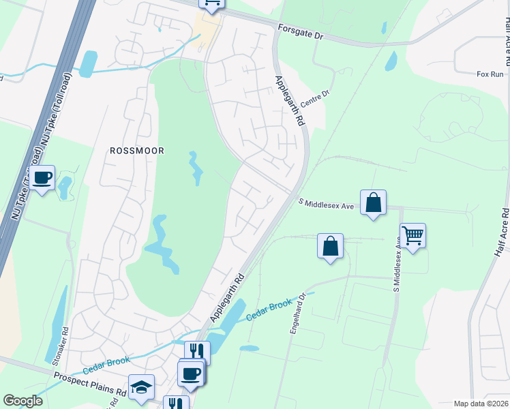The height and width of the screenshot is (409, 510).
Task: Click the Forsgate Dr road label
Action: point(300,31)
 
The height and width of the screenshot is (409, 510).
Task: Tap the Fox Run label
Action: point(490,74)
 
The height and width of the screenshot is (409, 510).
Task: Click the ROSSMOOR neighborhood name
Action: point(138,150)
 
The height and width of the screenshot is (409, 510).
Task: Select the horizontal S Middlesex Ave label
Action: point(326,204)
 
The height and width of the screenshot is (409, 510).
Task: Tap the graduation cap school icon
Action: point(141,387)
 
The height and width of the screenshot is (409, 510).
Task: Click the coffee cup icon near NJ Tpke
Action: point(42,178)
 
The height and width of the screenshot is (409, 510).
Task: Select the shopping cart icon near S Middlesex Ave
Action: point(412,236)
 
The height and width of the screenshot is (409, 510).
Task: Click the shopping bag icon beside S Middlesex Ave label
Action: point(373,202)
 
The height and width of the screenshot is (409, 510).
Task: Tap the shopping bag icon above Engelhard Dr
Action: point(330,246)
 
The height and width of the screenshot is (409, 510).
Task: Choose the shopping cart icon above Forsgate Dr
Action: point(211,3)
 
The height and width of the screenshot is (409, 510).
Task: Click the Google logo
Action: point(23,401)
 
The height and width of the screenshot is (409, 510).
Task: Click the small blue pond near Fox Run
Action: point(391,61)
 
